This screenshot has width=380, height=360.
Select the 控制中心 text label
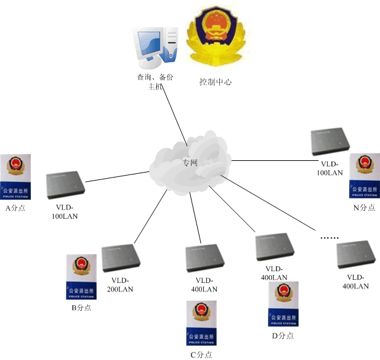[215, 82]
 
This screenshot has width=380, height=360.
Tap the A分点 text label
[15, 208]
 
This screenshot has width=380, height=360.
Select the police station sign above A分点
[15, 177]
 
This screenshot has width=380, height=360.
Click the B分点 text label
[81, 307]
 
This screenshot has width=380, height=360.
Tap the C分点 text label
[201, 354]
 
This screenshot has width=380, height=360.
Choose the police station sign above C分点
[201, 323]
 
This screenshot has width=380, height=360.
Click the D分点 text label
[283, 335]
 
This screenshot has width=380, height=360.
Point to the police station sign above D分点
[283, 304]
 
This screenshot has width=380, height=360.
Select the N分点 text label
[364, 208]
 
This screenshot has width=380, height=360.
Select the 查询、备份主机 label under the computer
[154, 82]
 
